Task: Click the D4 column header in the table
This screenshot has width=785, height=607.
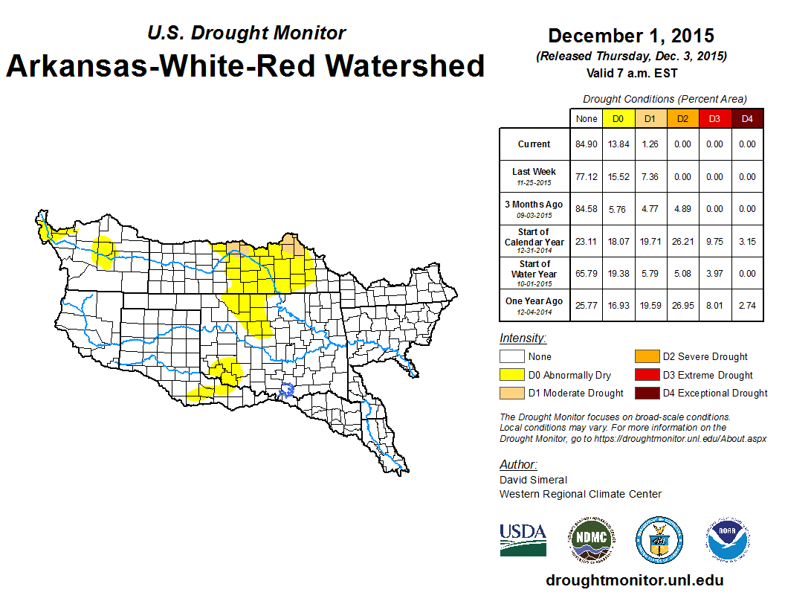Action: (x=747, y=118)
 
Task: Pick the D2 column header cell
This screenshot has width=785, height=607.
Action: (x=683, y=118)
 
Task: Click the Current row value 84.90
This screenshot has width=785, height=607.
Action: (x=586, y=144)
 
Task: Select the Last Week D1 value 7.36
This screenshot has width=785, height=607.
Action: (x=650, y=177)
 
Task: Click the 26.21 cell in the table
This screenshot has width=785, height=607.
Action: (x=683, y=241)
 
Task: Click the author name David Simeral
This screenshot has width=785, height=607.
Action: (x=533, y=480)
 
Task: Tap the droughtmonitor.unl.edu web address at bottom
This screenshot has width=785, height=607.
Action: (x=634, y=580)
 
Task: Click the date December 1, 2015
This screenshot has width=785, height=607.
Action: (x=631, y=36)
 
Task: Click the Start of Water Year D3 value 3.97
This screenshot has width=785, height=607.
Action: (x=714, y=273)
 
